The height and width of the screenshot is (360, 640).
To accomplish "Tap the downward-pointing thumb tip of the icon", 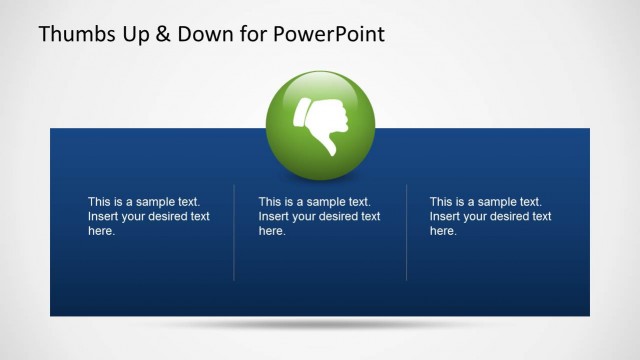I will pos(328,152).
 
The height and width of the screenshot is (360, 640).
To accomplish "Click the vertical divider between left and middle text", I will pos(234,232).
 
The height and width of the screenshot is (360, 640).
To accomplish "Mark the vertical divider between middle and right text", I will pos(406,232).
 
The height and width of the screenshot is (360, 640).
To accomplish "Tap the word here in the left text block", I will pos(101,231).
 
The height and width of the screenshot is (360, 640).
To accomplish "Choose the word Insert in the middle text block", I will pos(274,216).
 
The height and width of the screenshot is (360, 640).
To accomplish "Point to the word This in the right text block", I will pos(442,201).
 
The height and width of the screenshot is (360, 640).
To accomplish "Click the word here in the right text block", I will pos(443,231).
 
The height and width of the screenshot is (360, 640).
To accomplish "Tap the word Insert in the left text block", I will pos(103,216).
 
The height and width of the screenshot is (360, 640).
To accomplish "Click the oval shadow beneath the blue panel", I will pos(319,325).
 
